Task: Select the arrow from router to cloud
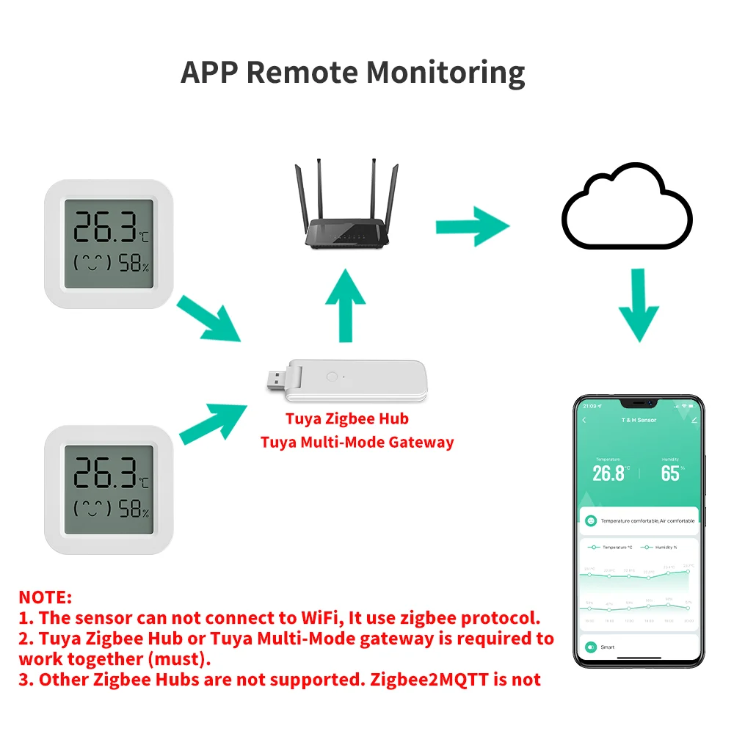tap(472, 227)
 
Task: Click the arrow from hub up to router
tap(345, 305)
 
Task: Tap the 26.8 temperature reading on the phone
tap(608, 473)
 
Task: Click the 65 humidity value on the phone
tap(670, 473)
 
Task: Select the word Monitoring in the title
tap(446, 72)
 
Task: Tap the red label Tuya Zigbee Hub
tap(346, 419)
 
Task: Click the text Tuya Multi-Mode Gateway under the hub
tap(357, 442)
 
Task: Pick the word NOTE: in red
tap(46, 597)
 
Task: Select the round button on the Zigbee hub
tap(330, 377)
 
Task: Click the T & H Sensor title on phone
tap(639, 420)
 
